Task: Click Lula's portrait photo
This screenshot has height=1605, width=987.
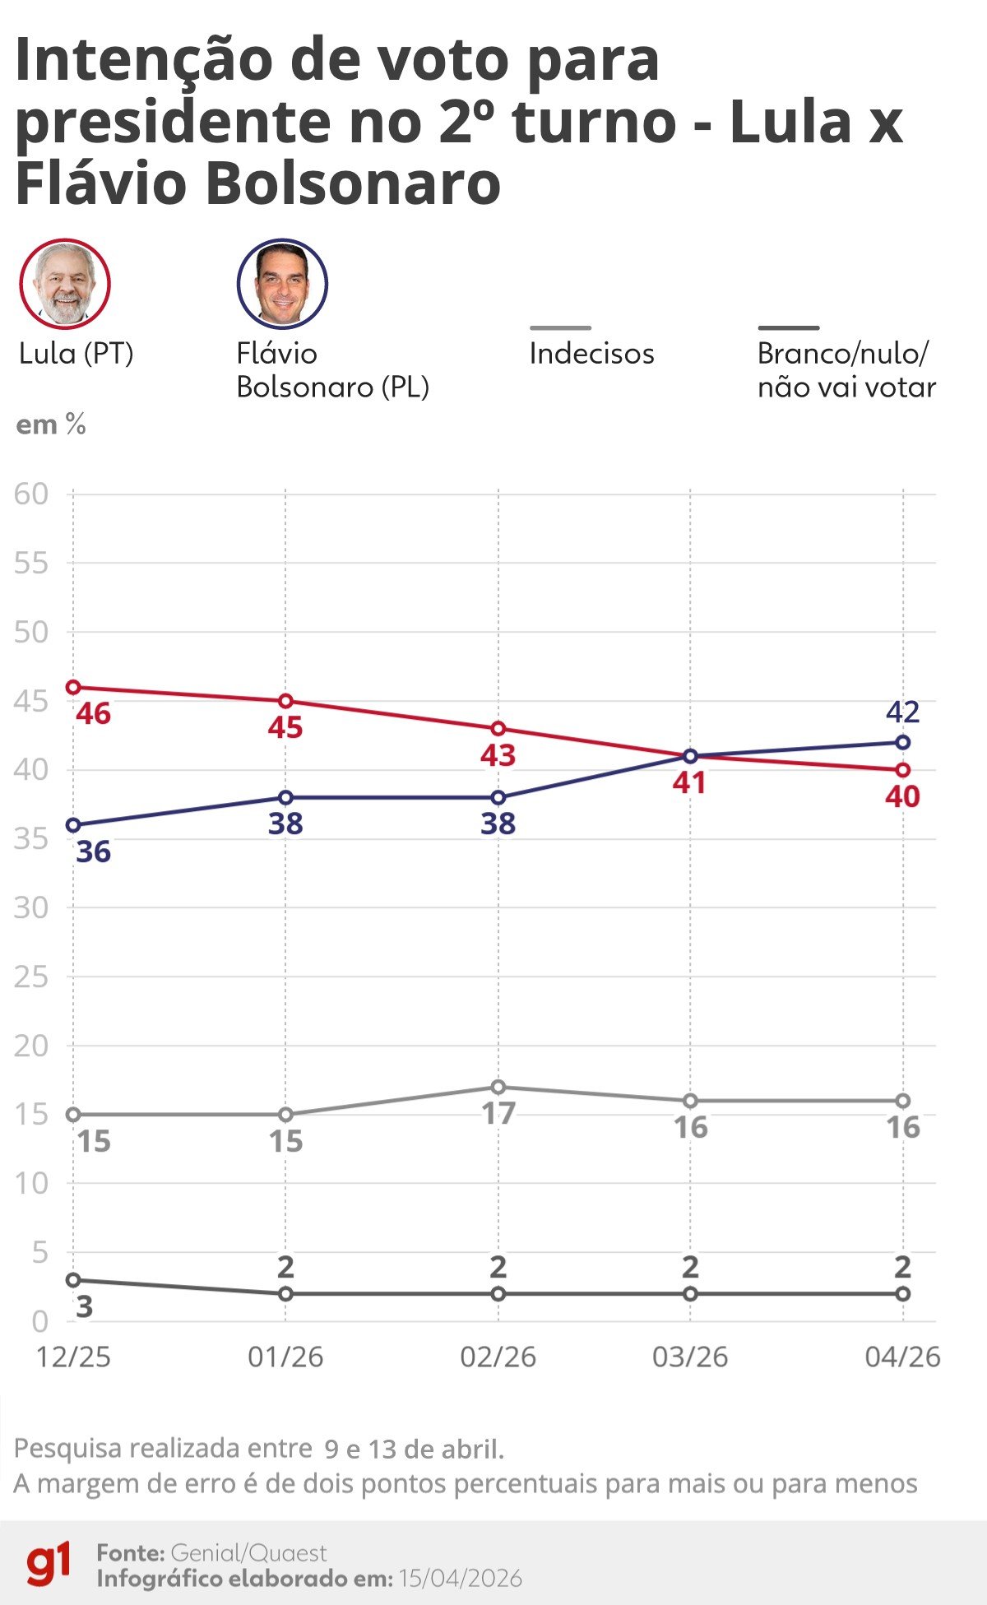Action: [65, 284]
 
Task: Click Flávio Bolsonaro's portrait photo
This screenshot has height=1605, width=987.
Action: [282, 284]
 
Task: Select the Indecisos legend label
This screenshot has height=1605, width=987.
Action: [591, 353]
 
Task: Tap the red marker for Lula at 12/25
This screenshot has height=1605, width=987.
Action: [73, 687]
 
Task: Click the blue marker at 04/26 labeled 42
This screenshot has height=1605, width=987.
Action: [902, 742]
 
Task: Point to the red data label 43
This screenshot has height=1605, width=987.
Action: [498, 755]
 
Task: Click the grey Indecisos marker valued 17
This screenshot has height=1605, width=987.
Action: [498, 1087]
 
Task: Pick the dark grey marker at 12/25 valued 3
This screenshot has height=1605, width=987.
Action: [73, 1280]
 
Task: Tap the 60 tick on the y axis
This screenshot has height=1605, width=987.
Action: [31, 494]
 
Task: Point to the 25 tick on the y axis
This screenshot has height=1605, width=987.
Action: [31, 976]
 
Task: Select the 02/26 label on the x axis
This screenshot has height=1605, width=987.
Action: [498, 1357]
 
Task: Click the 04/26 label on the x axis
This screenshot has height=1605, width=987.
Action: [902, 1357]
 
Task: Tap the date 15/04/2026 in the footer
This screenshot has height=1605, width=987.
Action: [461, 1578]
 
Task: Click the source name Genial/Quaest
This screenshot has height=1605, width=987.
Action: [249, 1552]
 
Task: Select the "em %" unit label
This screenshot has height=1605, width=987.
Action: [51, 424]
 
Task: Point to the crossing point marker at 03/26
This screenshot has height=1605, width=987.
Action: [690, 756]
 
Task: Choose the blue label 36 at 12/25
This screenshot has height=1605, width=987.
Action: [93, 851]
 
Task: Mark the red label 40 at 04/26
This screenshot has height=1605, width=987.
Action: [902, 796]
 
